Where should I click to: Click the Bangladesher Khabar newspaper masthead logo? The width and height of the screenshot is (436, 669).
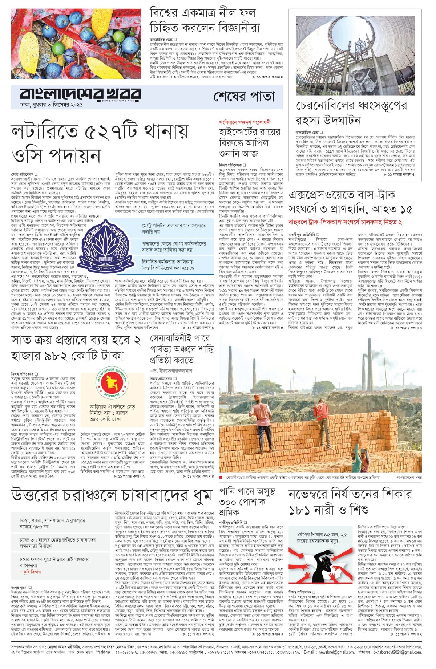[80, 94]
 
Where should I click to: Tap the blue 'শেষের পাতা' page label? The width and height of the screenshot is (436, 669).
[244, 97]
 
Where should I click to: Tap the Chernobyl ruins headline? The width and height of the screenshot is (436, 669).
[351, 112]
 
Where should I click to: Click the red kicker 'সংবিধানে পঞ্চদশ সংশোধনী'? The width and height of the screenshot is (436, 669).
[245, 122]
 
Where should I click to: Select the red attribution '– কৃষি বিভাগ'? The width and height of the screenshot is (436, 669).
[30, 572]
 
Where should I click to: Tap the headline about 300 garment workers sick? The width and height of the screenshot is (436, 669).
[247, 502]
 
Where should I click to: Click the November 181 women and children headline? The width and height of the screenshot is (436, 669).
[350, 502]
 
